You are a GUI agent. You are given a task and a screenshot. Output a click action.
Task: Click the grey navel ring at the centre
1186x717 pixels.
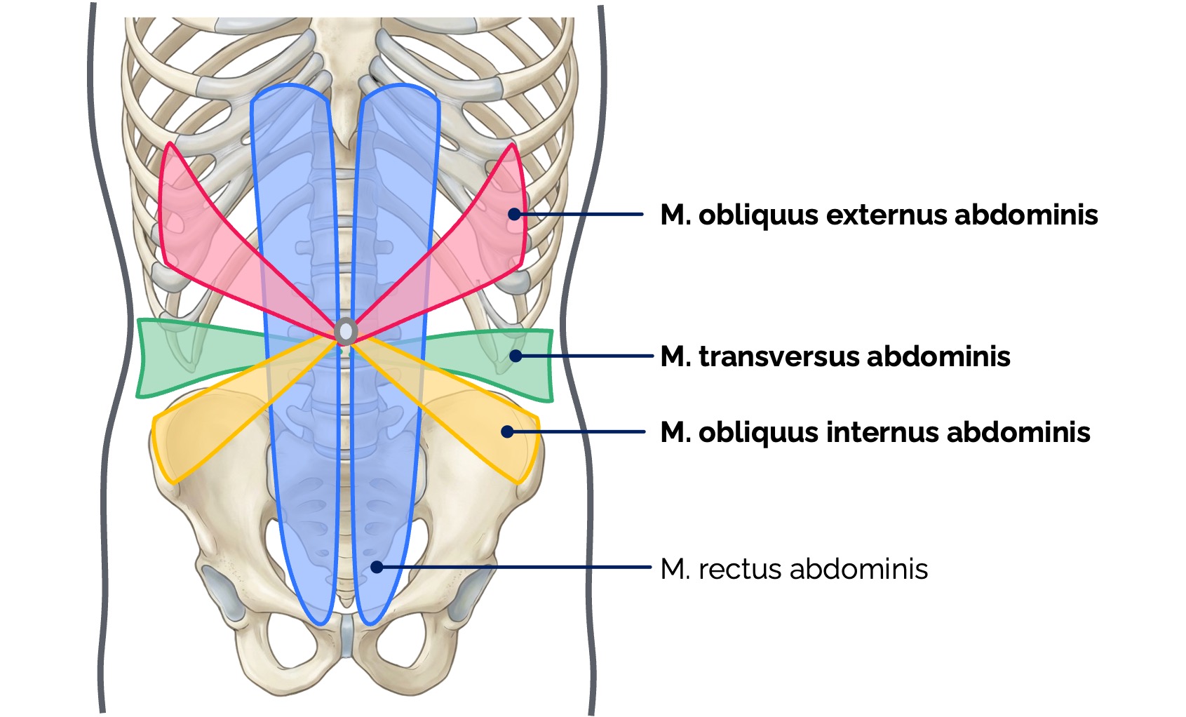point(346,331)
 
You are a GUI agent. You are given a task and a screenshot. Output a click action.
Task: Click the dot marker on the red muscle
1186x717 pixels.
point(515,214)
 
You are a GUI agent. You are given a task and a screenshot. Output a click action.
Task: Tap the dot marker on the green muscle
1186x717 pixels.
point(515,356)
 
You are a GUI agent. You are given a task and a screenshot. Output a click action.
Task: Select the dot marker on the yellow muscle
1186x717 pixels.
point(508,431)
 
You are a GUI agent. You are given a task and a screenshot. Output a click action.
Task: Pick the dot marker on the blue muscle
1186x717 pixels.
point(377,567)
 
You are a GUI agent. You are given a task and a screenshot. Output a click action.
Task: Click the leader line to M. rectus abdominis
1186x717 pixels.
point(519,567)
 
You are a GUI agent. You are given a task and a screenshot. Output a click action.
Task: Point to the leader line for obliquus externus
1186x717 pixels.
point(582,214)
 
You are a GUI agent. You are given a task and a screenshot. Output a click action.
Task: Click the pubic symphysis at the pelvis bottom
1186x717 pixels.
point(346,635)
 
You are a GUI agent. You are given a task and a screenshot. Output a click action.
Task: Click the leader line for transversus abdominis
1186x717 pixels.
point(586,356)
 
